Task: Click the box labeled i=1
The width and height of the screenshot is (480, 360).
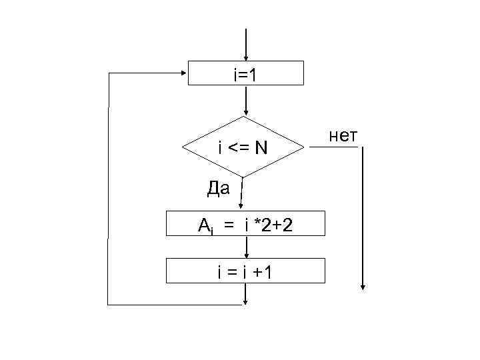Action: [246, 73]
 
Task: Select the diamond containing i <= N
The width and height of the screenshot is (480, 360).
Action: [243, 147]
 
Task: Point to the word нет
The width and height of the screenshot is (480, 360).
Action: [344, 137]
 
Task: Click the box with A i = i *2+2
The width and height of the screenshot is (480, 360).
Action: [246, 225]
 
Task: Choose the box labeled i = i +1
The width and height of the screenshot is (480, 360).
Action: [246, 271]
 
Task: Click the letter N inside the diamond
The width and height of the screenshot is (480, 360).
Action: [259, 148]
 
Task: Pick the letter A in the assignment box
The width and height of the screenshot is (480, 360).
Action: [204, 225]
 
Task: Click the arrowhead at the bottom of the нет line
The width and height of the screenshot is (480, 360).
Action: [363, 287]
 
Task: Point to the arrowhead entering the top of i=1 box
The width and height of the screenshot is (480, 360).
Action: [247, 57]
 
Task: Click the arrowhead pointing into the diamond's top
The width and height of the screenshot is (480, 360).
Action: [247, 113]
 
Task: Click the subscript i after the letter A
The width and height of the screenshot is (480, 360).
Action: [213, 229]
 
